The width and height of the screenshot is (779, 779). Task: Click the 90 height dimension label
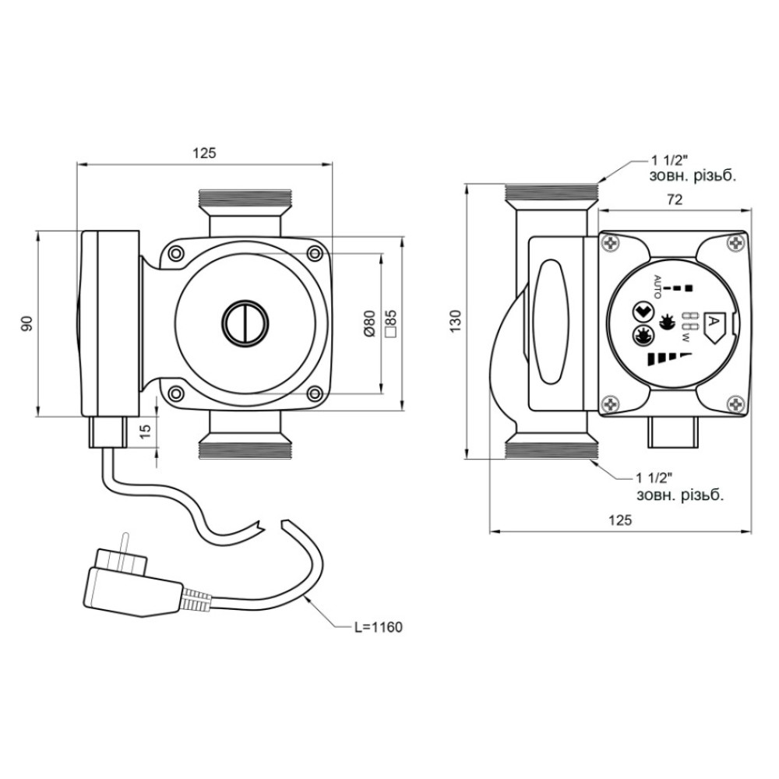pos(28,323)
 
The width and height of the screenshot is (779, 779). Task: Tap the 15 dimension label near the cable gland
pos(145,430)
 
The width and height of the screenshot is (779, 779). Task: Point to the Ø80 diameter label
pos(368,324)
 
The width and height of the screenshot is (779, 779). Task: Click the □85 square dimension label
pos(391,324)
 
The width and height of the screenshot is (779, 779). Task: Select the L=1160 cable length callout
pos(379,627)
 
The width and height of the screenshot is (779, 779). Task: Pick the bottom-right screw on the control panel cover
pos(736,404)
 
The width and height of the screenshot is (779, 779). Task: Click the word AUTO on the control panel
pos(657,287)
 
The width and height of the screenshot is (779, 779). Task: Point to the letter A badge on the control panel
pos(716,326)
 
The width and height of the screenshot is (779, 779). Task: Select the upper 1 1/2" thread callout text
pos(692,168)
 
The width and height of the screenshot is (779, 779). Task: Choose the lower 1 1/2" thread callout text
pos(679,487)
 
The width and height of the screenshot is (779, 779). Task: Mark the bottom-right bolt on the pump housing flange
pos(314,394)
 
